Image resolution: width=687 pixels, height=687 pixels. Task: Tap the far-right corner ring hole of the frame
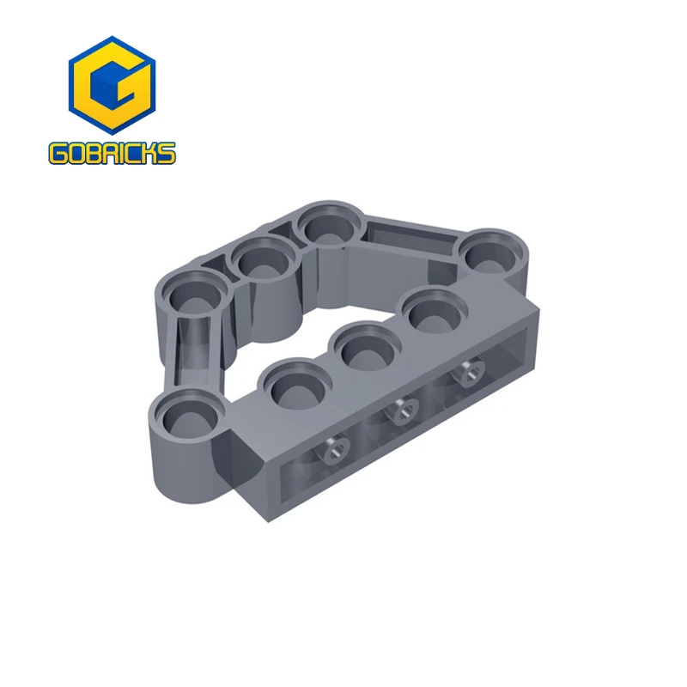point(490,250)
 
